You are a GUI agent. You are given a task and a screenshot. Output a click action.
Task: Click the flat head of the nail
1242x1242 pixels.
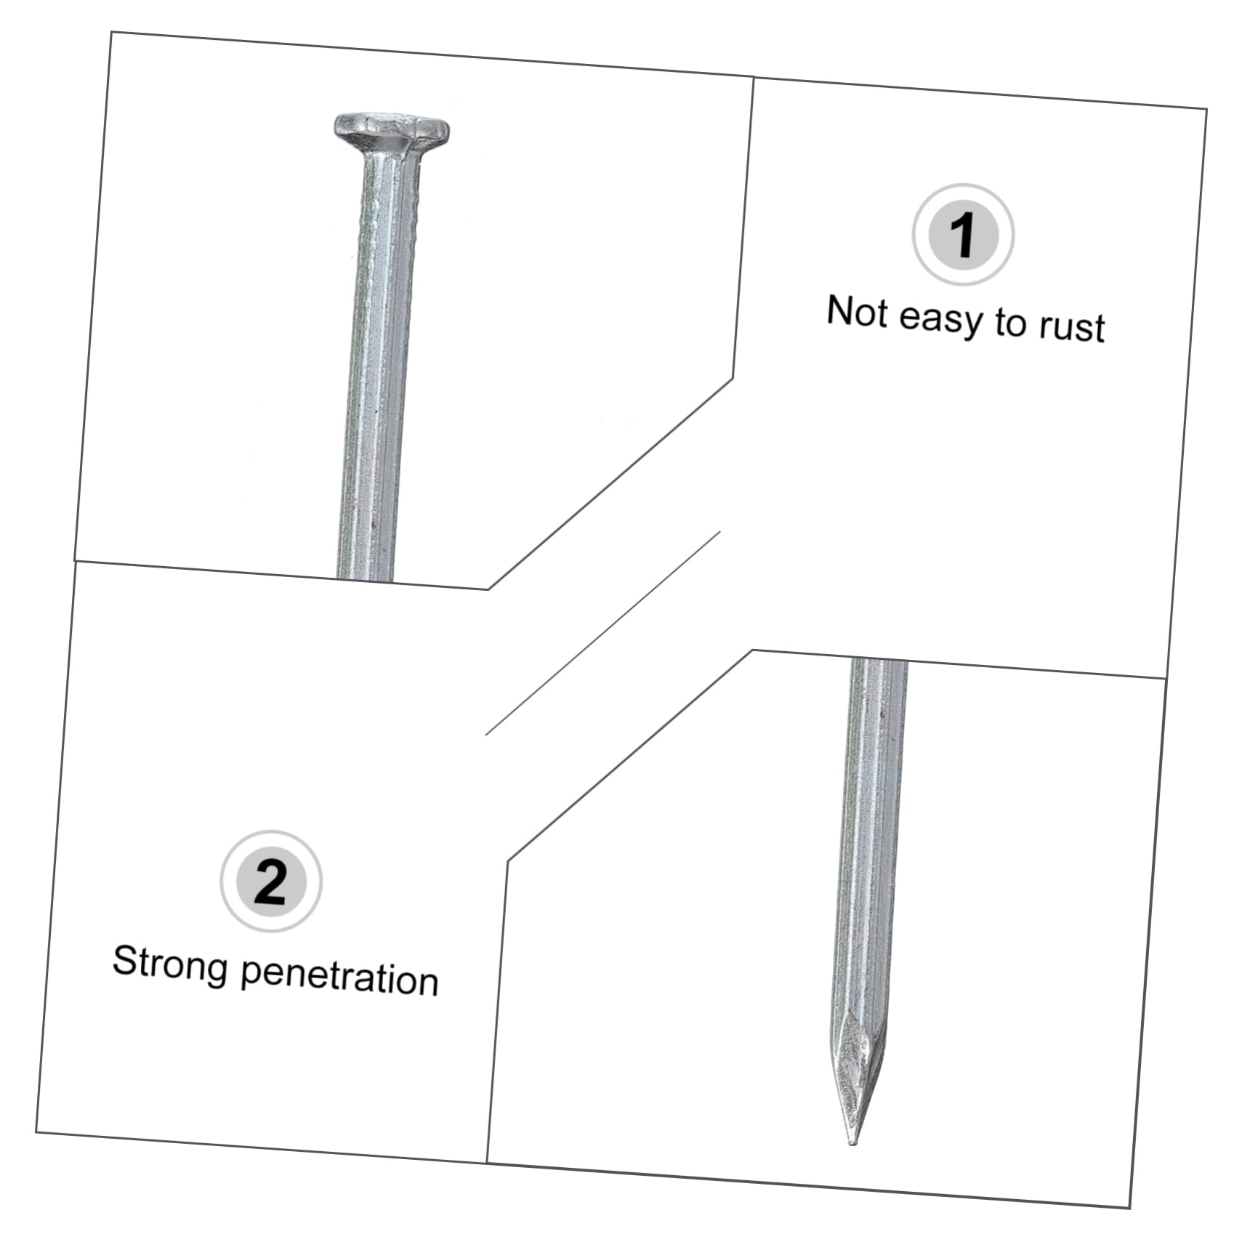tap(391, 131)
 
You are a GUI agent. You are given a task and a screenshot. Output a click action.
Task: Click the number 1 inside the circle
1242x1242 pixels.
tap(963, 235)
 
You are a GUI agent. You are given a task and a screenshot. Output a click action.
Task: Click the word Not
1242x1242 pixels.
tap(858, 312)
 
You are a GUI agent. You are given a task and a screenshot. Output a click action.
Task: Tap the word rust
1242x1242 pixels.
tap(1071, 326)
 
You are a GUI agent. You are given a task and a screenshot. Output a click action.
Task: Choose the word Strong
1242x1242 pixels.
tap(170, 965)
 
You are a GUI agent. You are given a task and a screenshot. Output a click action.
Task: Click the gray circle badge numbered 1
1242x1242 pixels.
tap(963, 235)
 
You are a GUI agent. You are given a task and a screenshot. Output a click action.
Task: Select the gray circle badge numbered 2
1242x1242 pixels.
tap(271, 882)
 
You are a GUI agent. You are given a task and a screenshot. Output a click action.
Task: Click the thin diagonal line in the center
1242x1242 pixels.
tap(602, 633)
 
